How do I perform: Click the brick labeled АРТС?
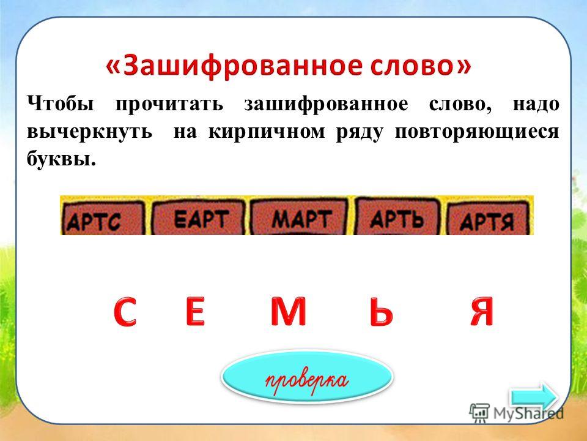[x=103, y=218]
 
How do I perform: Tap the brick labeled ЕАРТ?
[x=199, y=217]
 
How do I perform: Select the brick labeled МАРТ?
[x=299, y=217]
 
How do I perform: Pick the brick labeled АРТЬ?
[x=397, y=217]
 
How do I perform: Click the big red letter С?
[x=125, y=312]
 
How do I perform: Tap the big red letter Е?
[x=195, y=311]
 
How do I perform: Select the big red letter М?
[x=289, y=311]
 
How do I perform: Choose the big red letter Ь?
[x=381, y=311]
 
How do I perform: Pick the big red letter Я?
[x=482, y=311]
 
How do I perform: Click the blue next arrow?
[x=534, y=397]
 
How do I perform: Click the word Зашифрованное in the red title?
[x=243, y=66]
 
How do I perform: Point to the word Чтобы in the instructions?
[x=61, y=104]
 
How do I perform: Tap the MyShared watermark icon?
[x=479, y=413]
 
